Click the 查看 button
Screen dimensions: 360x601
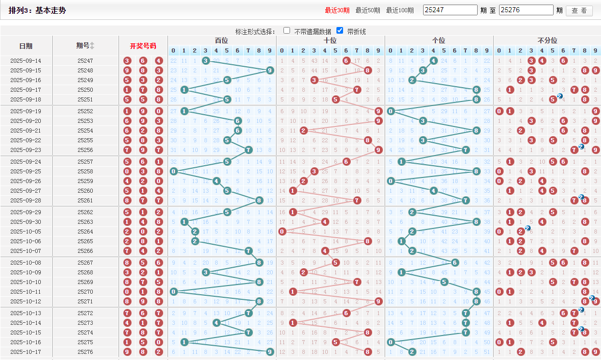click(579, 11)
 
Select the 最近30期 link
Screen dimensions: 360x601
click(337, 10)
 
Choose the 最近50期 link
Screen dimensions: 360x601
click(368, 10)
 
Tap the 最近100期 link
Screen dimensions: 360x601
click(400, 10)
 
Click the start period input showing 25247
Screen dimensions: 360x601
click(450, 10)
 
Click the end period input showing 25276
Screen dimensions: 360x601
click(526, 10)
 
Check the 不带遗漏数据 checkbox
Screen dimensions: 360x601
click(287, 31)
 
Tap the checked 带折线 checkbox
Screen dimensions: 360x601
click(340, 31)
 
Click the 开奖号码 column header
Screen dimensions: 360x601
click(143, 46)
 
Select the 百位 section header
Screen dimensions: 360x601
click(222, 40)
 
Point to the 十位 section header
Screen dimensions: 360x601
click(330, 40)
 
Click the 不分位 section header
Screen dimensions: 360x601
click(547, 40)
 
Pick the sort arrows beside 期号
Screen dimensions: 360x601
click(92, 46)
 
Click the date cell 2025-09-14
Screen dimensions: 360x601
click(26, 61)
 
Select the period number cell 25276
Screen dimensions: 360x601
click(85, 352)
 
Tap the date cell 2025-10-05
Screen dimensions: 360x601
click(26, 231)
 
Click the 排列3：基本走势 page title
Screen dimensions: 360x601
click(37, 10)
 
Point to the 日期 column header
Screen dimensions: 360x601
click(26, 46)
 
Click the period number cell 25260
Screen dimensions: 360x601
click(85, 191)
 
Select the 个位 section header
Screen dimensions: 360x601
click(438, 40)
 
